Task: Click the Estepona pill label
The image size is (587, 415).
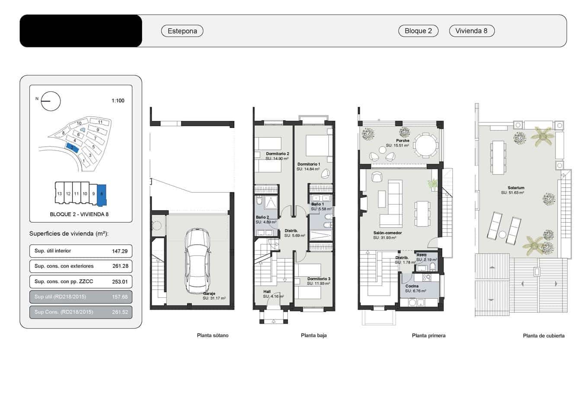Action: pos(182,31)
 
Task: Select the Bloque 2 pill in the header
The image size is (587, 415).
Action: pos(418,31)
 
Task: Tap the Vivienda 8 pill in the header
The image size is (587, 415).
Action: pos(471,31)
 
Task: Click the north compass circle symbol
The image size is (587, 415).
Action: pos(51,102)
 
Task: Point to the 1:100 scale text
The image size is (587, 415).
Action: pos(118,101)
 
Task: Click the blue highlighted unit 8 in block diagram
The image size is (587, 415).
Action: pos(102,195)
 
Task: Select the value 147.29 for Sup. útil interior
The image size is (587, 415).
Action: pos(120,251)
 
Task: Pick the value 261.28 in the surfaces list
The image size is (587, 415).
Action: pos(120,266)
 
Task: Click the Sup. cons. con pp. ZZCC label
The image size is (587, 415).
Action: pos(64,281)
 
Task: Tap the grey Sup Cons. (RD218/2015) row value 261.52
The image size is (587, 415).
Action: pos(120,312)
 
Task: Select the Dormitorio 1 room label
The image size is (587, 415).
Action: pos(309,164)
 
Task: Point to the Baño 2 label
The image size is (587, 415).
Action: pos(262,217)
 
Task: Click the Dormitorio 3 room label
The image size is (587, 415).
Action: pos(319,279)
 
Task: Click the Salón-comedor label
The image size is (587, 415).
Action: pos(387,233)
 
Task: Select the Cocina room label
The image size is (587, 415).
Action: pos(412,286)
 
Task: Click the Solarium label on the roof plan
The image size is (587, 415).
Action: pos(516,188)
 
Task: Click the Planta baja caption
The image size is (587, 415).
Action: pos(313,335)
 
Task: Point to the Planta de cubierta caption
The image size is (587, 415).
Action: pos(543,336)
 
